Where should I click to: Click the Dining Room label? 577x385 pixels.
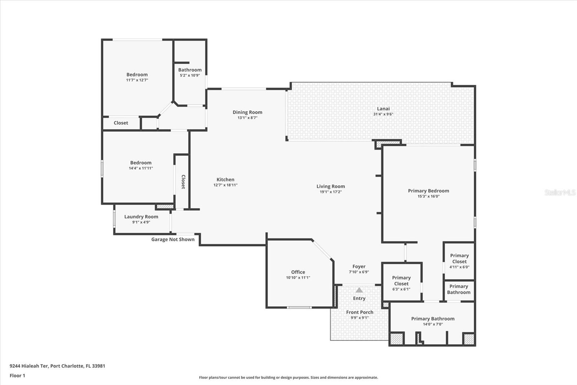247,112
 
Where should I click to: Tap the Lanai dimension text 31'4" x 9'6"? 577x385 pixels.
383,114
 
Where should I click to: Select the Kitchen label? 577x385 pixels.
225,179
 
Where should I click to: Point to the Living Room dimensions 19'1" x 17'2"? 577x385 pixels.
330,192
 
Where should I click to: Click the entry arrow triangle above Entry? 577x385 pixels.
359,290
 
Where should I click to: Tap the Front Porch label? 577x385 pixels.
360,312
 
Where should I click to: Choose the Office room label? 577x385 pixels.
298,272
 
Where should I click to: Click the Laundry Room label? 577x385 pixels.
141,217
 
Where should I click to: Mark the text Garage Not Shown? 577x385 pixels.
173,239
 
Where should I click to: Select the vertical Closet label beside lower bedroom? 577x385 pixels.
183,182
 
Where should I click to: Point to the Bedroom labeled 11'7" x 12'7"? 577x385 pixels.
137,75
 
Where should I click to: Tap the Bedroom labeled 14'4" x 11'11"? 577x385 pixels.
141,163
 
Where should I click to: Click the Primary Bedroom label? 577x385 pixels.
428,191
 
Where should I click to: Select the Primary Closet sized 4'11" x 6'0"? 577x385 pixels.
459,259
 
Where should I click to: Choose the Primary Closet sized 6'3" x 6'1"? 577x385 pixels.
401,281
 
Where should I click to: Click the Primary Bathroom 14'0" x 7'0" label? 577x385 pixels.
433,319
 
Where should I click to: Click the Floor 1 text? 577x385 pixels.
17,376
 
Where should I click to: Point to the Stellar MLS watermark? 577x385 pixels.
560,192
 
